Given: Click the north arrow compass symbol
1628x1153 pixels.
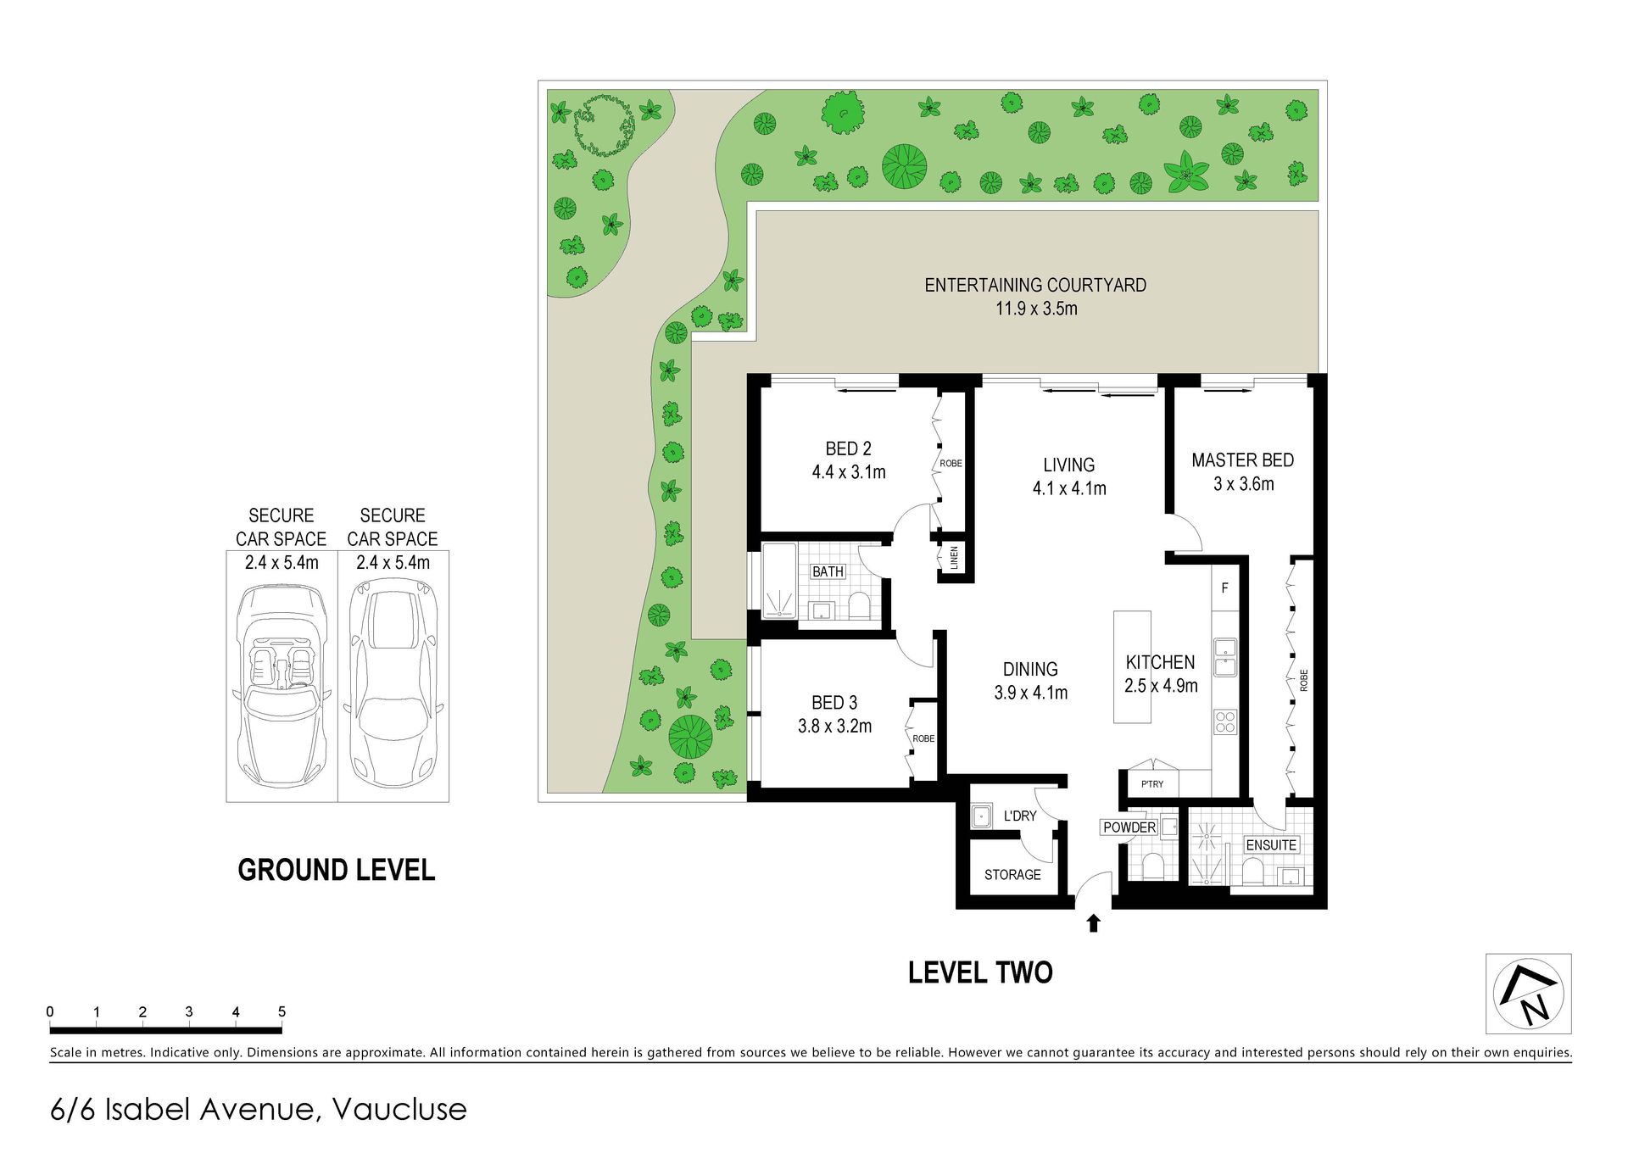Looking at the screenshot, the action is [x=1528, y=994].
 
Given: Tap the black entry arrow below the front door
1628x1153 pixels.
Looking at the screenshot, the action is [x=1093, y=923].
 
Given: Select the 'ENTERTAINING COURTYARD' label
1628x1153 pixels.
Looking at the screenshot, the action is [x=1035, y=286].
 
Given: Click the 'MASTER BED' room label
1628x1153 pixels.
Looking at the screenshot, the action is [x=1242, y=460].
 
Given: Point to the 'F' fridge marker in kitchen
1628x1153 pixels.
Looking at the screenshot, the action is [x=1224, y=588].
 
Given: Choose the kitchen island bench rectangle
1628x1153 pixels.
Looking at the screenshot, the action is [x=1132, y=667].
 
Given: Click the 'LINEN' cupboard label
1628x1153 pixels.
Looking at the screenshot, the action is [x=954, y=558].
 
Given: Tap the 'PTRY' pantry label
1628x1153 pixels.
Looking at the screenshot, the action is [x=1152, y=784].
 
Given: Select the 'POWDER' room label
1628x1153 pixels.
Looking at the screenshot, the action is [x=1129, y=827].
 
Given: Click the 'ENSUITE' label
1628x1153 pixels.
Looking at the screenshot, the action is [x=1271, y=845].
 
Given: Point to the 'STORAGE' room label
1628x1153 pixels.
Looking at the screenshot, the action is [x=1012, y=875].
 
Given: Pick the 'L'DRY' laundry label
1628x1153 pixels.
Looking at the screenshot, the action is [x=1020, y=816].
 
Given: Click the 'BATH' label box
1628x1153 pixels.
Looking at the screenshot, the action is [x=828, y=571].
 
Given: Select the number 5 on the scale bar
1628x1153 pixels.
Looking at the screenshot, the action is [x=282, y=1011].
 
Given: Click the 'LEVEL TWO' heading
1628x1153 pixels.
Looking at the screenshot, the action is [x=980, y=972].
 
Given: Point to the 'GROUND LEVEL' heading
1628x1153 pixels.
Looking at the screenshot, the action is [x=337, y=870].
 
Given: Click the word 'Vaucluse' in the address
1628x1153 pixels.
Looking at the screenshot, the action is [x=399, y=1110].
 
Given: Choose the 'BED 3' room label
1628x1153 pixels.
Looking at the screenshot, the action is [x=834, y=703].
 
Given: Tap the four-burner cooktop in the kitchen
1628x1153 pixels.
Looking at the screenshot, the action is [x=1225, y=721].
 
